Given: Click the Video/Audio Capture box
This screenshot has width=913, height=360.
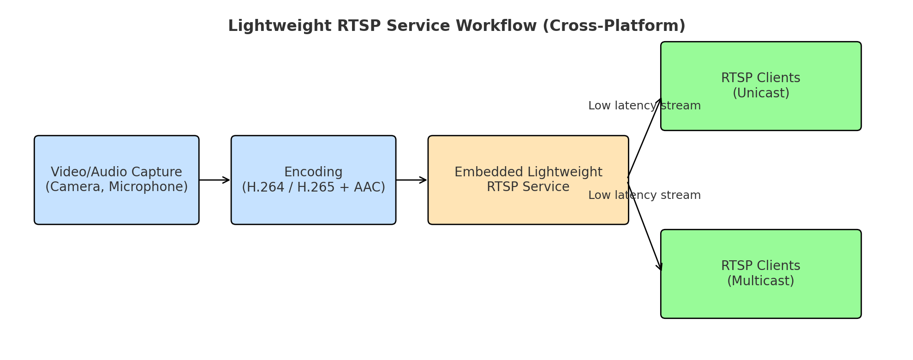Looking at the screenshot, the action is (117, 180).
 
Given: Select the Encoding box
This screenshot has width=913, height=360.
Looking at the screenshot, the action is (313, 180).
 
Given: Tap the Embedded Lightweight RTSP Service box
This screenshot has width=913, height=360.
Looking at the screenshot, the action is (528, 180).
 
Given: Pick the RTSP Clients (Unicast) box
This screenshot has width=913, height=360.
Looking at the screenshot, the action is (761, 86).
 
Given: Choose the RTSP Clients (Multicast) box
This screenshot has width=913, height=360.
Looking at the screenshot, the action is (761, 274).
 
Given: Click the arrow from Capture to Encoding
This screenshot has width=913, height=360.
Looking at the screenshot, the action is (215, 180).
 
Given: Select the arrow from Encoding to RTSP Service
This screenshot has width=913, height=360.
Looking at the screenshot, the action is (412, 180).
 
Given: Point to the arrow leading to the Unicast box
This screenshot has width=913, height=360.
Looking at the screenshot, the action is (644, 138).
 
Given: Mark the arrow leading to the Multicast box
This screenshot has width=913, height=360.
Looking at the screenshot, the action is (644, 226).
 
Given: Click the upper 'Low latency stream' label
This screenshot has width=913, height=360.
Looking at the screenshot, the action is (644, 106).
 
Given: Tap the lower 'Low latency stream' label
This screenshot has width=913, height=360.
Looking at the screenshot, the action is (644, 195).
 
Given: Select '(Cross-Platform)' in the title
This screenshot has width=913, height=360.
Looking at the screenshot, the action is (614, 26).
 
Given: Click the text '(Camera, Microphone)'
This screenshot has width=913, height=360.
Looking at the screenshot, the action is (117, 187).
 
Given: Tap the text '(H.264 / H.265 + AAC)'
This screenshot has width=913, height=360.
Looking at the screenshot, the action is (313, 187).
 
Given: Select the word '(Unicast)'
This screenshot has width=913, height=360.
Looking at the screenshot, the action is (761, 93).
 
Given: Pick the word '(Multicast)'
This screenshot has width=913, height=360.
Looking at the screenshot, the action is (761, 281).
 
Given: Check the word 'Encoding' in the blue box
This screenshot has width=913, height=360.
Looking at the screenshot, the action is (313, 173).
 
